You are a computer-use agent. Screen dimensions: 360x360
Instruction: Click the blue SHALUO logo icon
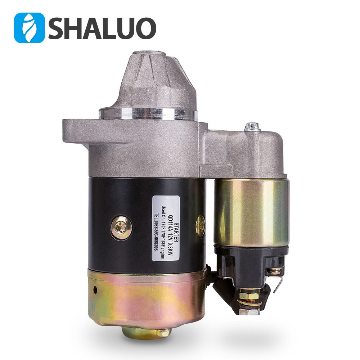tap(29, 28)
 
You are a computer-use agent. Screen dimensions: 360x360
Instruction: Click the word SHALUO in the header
tap(102, 28)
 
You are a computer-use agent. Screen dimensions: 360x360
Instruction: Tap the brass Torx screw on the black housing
tap(121, 228)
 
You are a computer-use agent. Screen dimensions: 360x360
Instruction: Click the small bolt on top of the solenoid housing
tap(252, 127)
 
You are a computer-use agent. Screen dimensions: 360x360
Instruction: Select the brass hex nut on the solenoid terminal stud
tap(248, 296)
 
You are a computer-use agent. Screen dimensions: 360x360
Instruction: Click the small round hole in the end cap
tap(95, 289)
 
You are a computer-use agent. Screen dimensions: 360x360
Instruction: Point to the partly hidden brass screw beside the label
tap(201, 226)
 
